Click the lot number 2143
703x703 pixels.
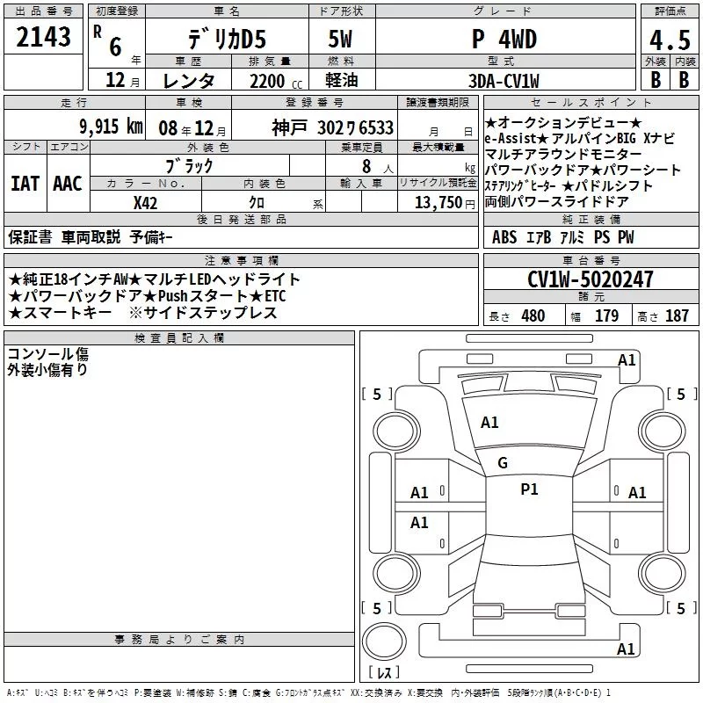pyautogui.click(x=43, y=37)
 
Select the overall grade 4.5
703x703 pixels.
pyautogui.click(x=670, y=40)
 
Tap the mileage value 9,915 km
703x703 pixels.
pyautogui.click(x=112, y=127)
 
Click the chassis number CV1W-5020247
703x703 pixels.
pyautogui.click(x=590, y=279)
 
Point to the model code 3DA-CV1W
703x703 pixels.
pyautogui.click(x=504, y=81)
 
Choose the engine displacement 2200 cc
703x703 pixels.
pyautogui.click(x=276, y=82)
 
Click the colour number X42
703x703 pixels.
pyautogui.click(x=145, y=203)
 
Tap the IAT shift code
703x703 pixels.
pyautogui.click(x=25, y=184)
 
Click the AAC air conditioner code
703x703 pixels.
pyautogui.click(x=68, y=184)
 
